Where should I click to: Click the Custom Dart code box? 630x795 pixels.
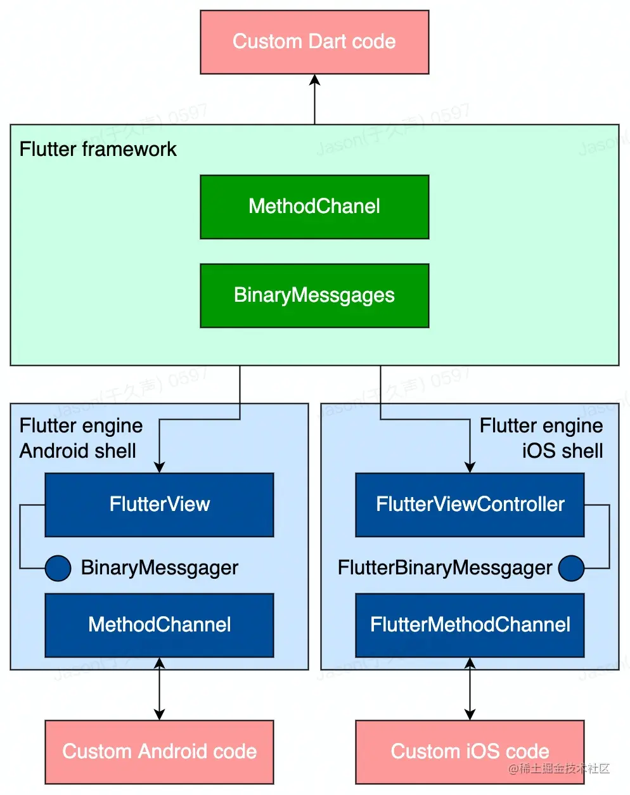[314, 42]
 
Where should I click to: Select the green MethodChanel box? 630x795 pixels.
[314, 207]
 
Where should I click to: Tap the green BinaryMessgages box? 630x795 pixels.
[314, 295]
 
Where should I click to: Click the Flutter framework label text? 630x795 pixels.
[98, 149]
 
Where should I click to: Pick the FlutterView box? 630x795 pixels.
[159, 505]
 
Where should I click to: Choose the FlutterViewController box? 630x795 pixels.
[470, 505]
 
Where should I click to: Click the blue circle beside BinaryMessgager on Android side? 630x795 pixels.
[58, 568]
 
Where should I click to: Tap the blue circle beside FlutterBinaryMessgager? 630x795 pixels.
[571, 568]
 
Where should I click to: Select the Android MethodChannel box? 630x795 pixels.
[159, 625]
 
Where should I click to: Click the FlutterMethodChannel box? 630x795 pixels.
[470, 625]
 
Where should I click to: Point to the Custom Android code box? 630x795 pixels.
[159, 752]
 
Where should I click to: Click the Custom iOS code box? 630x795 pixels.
[470, 752]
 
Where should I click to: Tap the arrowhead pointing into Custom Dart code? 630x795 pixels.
[314, 80]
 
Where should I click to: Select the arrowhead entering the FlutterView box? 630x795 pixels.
[159, 467]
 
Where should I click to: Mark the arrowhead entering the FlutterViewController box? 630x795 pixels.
[470, 467]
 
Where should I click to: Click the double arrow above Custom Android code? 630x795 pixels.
[159, 689]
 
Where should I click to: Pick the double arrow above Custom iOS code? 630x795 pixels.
[470, 689]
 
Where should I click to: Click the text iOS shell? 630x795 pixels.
[562, 451]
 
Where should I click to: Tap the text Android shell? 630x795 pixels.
[78, 451]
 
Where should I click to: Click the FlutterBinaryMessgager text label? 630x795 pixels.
[445, 568]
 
